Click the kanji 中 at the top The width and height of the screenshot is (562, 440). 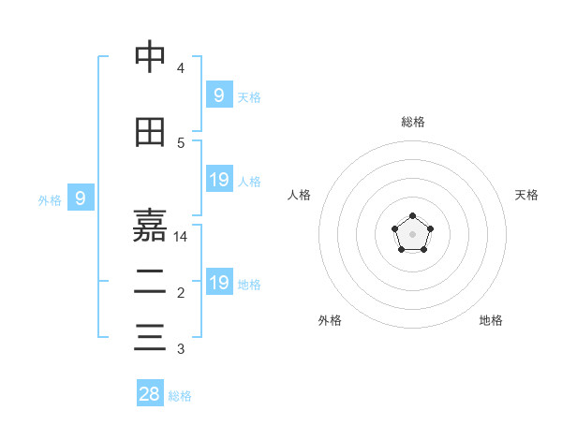(150, 57)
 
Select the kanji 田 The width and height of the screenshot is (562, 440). (150, 133)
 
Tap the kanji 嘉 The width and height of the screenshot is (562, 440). (150, 225)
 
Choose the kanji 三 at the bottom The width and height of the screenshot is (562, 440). (150, 336)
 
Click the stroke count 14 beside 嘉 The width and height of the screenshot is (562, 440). (182, 237)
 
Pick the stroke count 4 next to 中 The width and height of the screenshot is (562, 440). (181, 68)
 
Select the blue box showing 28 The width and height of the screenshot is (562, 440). (150, 394)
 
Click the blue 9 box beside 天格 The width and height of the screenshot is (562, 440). (218, 95)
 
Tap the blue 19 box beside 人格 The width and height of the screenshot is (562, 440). (218, 180)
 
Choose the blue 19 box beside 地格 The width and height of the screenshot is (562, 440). (218, 283)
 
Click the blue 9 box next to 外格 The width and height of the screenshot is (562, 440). (81, 198)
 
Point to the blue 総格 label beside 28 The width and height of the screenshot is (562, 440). (180, 396)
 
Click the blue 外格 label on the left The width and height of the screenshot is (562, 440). (50, 199)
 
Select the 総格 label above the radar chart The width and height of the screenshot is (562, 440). (412, 122)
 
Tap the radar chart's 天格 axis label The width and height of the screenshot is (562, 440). (526, 195)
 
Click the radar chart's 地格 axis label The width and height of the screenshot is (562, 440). (491, 320)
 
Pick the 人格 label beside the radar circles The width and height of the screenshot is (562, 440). (299, 195)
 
